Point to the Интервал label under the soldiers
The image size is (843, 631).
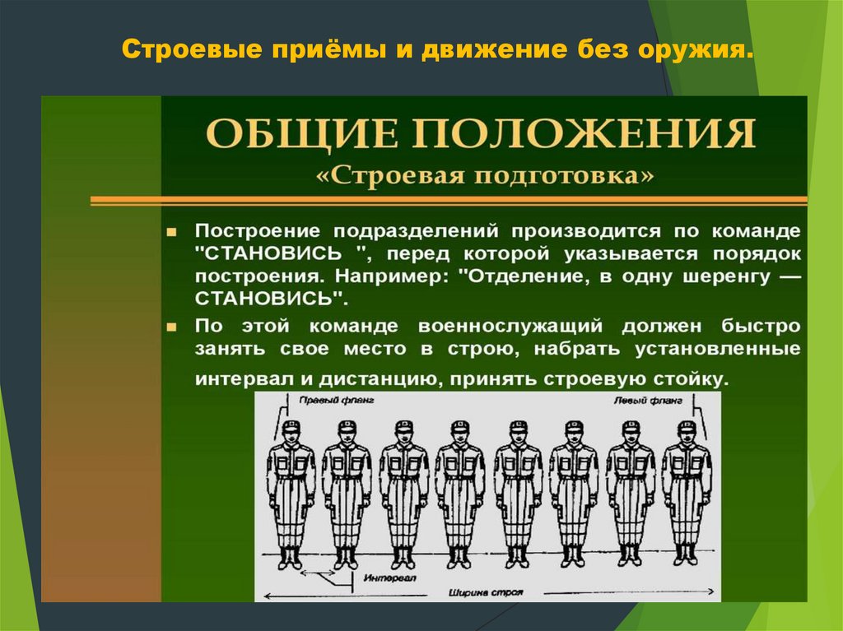375,578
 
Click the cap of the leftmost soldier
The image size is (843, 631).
291,426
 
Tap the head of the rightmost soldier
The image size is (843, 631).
687,433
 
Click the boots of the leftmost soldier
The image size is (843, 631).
291,558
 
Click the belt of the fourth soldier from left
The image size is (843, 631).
459,477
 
